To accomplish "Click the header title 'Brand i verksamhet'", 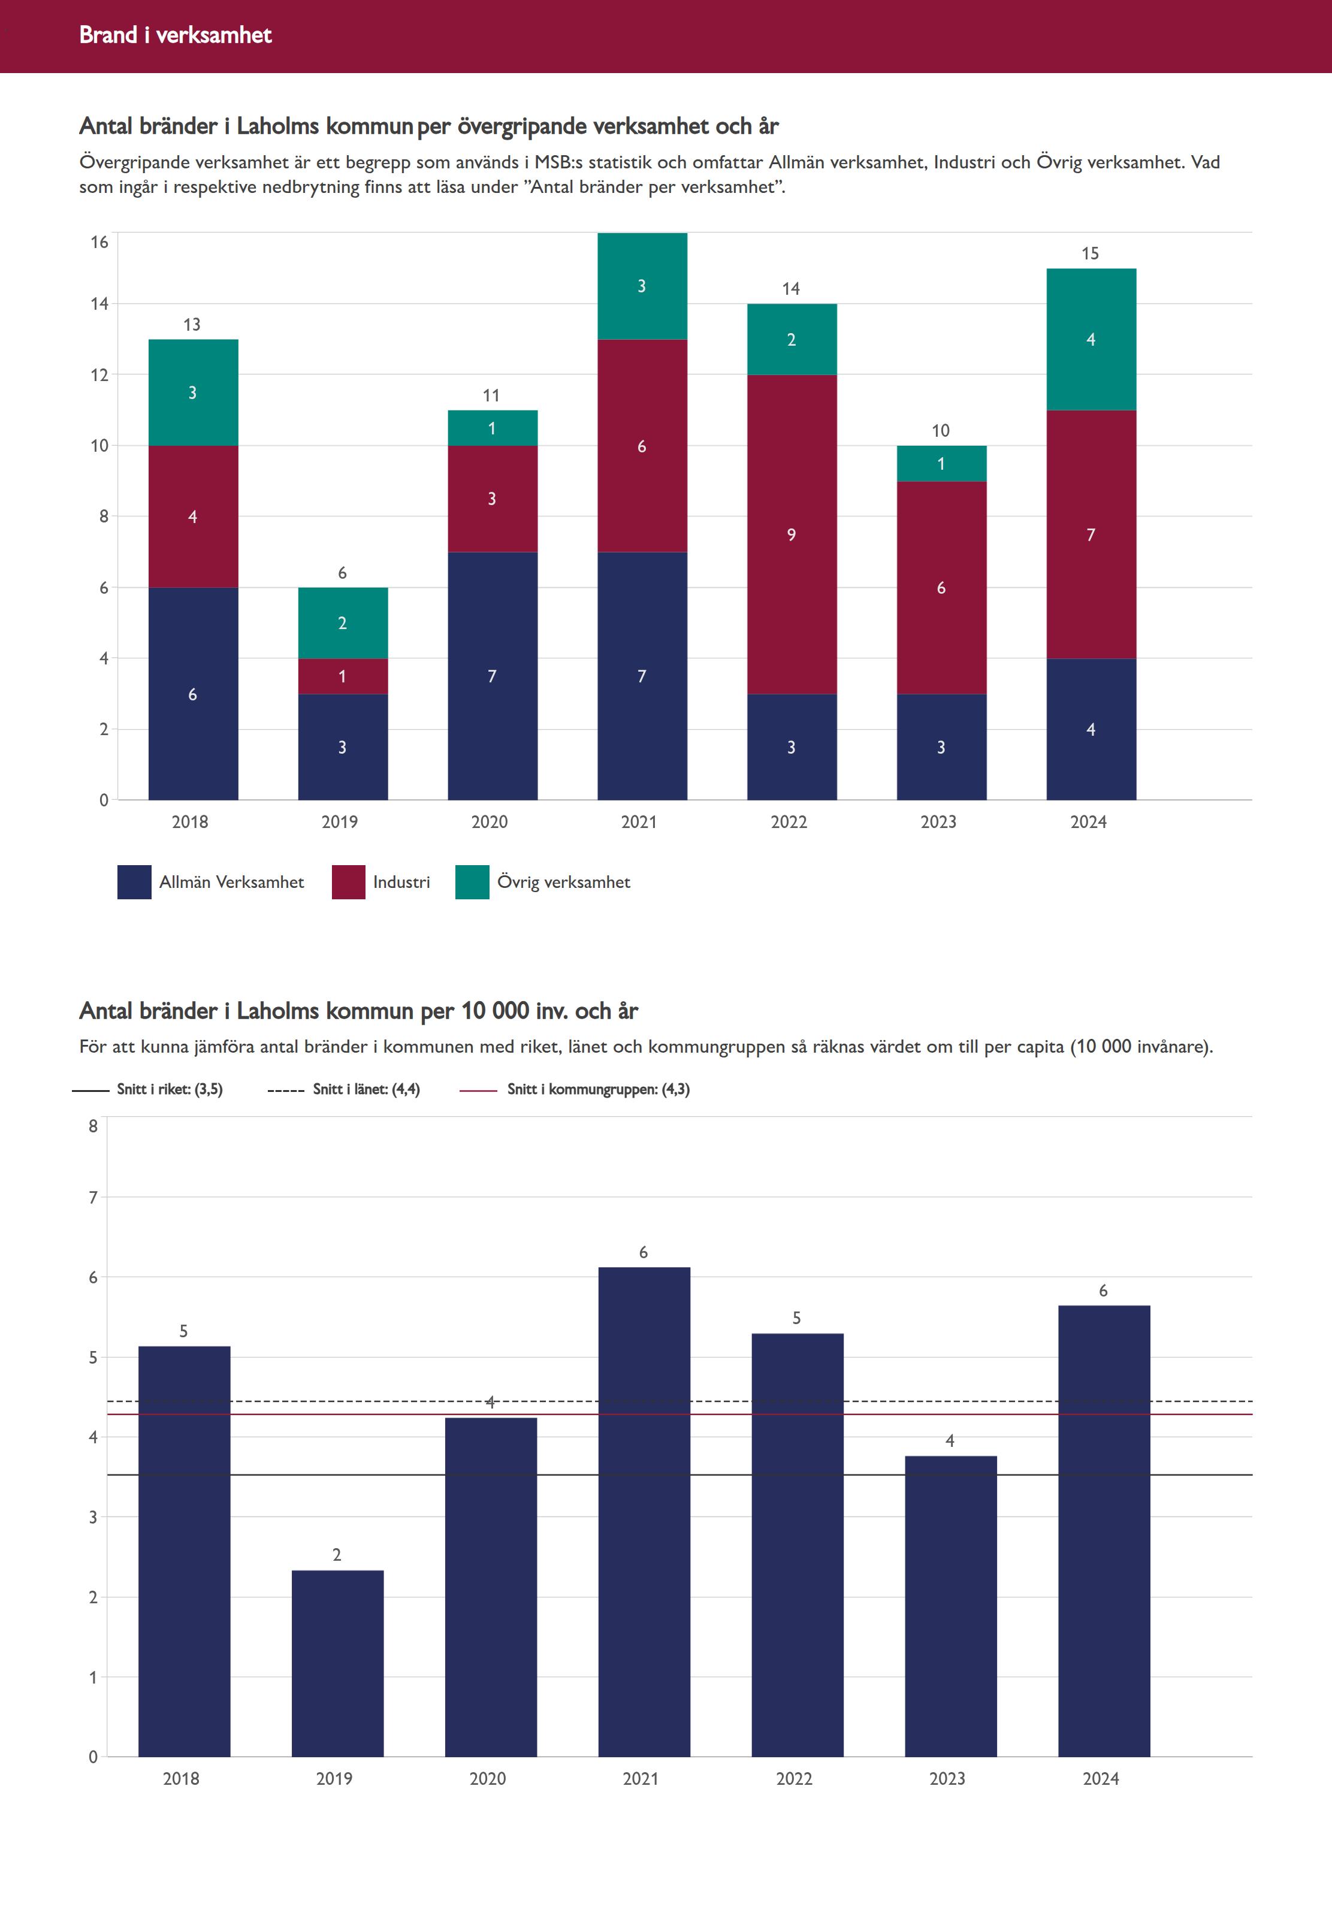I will [175, 35].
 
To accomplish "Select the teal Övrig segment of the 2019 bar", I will [342, 622].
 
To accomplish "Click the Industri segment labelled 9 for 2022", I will [791, 534].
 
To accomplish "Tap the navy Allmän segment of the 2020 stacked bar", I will [493, 676].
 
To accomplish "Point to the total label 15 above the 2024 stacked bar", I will [1090, 253].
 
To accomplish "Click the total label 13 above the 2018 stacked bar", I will [192, 325].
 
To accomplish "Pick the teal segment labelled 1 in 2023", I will [941, 464].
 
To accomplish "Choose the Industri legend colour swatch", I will [348, 882].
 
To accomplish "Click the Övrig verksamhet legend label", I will [563, 882].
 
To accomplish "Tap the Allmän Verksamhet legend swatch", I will [134, 882].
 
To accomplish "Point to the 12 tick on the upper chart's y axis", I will [99, 374].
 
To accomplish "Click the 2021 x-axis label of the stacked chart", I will [639, 822].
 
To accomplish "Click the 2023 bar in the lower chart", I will [950, 1606].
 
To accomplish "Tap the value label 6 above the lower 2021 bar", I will [644, 1252].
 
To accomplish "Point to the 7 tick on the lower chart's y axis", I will [93, 1198].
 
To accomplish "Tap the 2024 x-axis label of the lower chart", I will [1101, 1778].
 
